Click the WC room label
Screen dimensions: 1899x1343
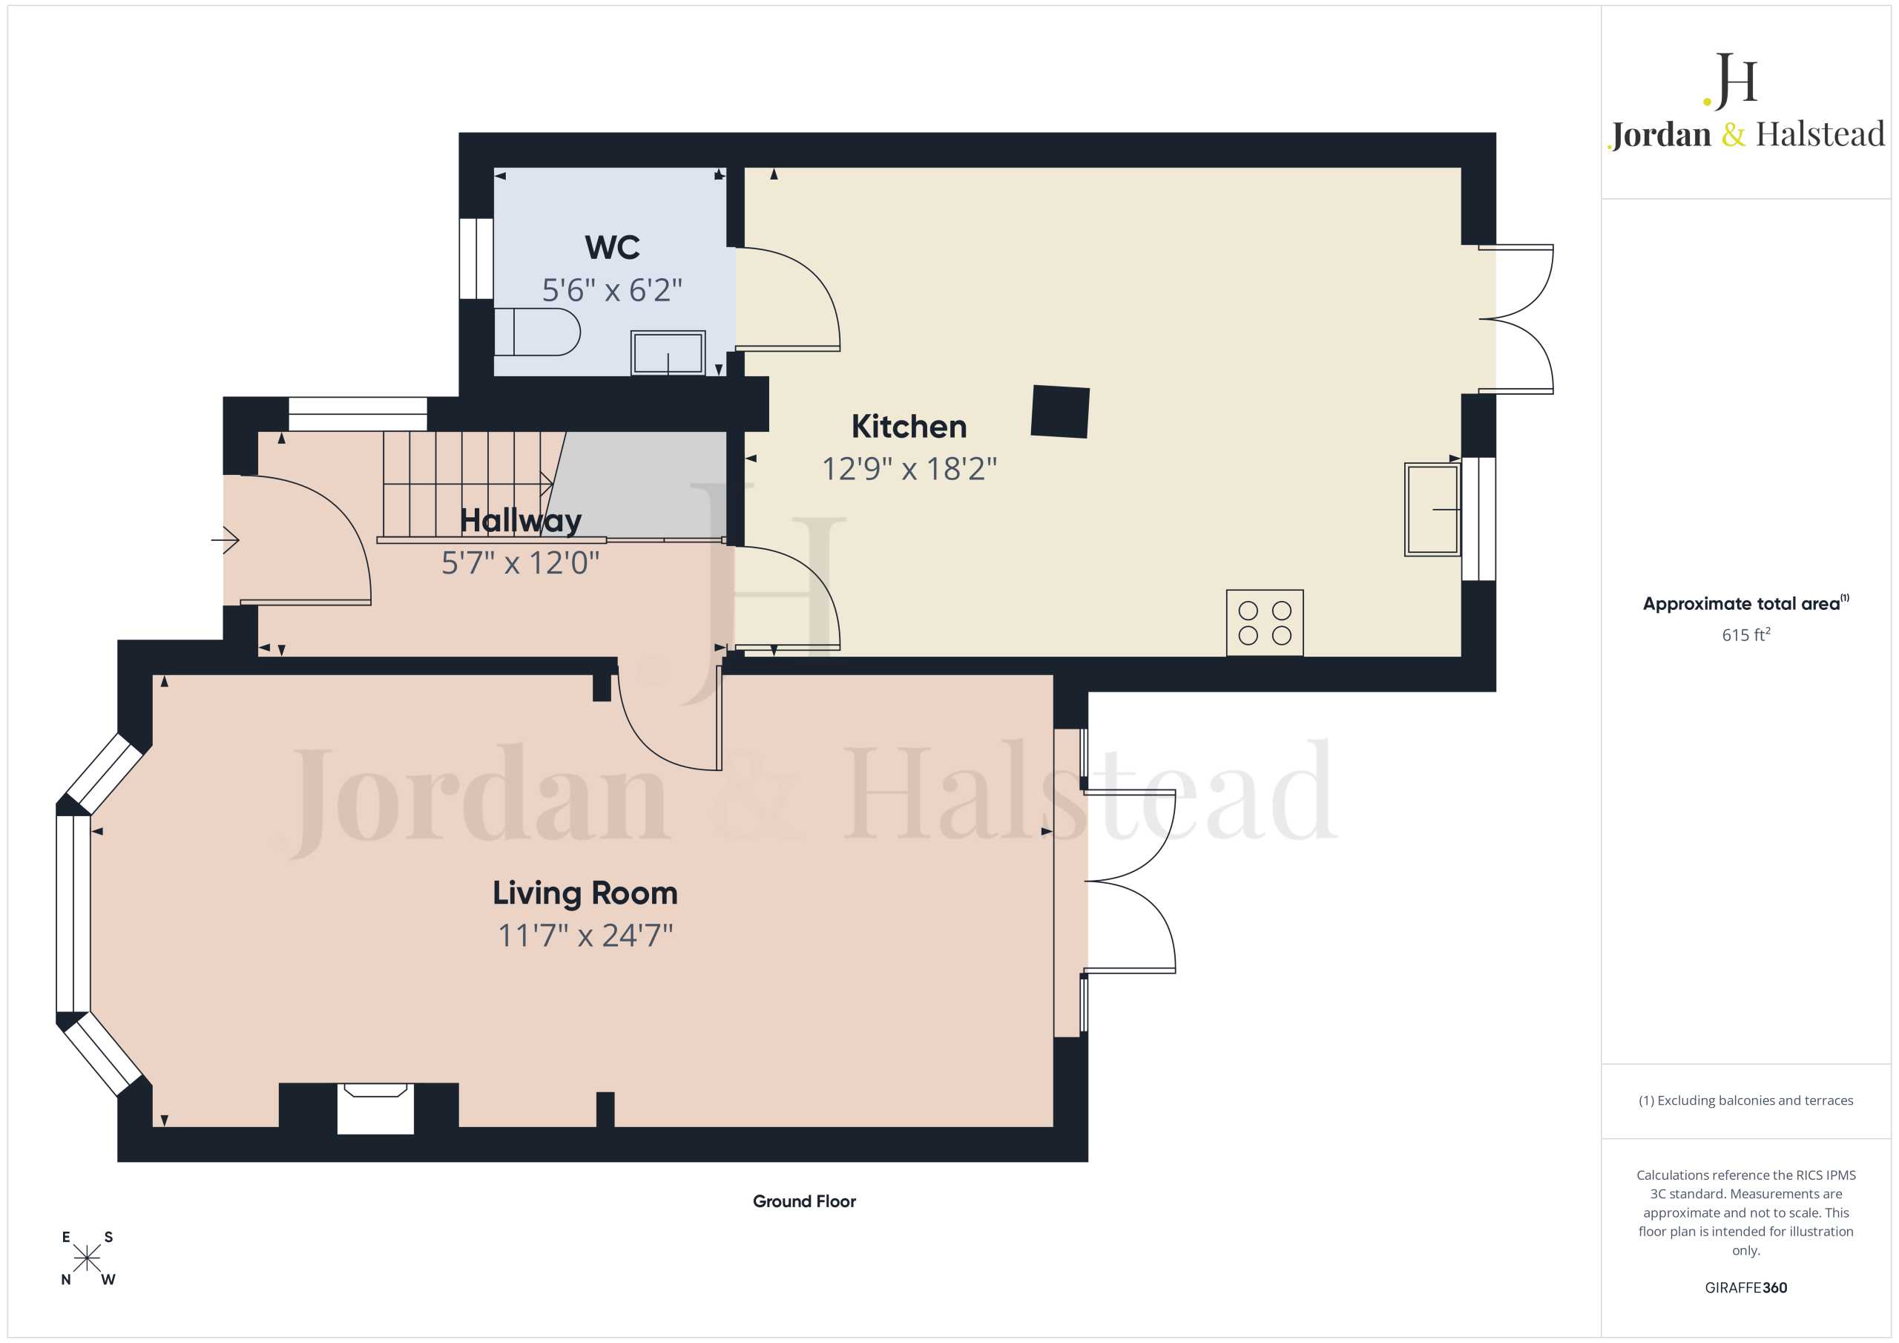pos(612,247)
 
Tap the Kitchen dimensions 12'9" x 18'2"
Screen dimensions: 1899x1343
pos(909,469)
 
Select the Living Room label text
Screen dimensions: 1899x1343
pos(585,893)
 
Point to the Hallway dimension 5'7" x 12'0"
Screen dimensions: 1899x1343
pos(520,562)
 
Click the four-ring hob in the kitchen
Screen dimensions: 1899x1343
pos(1265,623)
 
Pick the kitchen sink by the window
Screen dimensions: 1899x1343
pos(1432,509)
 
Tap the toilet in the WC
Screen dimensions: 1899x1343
pos(537,332)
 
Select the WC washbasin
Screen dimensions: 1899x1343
pos(668,352)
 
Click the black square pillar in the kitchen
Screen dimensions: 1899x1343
pos(1059,411)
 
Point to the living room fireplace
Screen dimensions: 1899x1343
pos(375,1108)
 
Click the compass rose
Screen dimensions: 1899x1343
pos(87,1258)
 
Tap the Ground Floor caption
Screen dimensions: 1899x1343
pos(804,1201)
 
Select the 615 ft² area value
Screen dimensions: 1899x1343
pos(1745,634)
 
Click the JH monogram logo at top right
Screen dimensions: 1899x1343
pos(1731,80)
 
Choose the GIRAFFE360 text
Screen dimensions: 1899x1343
pos(1745,1287)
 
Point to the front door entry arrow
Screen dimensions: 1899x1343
pos(225,540)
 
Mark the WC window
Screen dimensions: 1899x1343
pos(476,258)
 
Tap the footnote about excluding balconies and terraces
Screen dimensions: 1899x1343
pos(1745,1100)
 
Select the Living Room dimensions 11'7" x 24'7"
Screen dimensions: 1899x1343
pos(585,936)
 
